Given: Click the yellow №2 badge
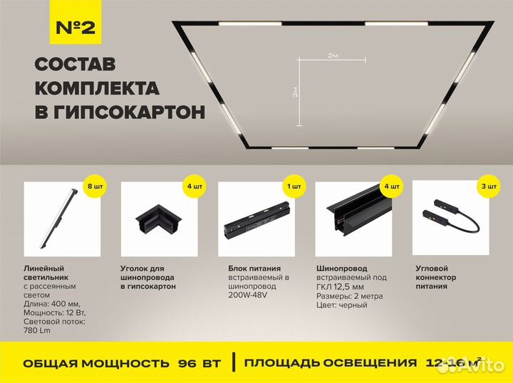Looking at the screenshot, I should pos(75,28).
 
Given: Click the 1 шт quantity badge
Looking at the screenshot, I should pos(294,187).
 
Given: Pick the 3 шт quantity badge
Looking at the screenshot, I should pos(489,187).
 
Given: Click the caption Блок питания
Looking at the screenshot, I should pos(244,268).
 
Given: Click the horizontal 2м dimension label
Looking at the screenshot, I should pos(332,55).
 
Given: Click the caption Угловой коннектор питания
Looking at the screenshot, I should pos(435,277).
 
